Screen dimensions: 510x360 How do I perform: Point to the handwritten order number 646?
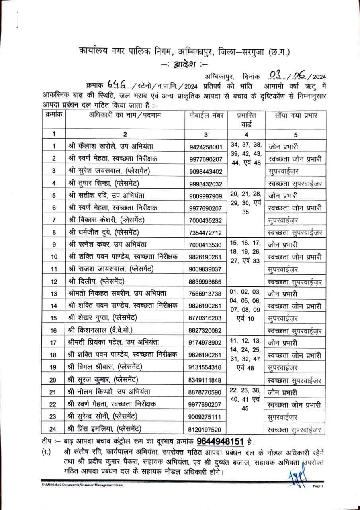[115, 85]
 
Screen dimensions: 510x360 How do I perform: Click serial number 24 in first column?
[53, 429]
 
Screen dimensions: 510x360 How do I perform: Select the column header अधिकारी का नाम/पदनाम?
[123, 115]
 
